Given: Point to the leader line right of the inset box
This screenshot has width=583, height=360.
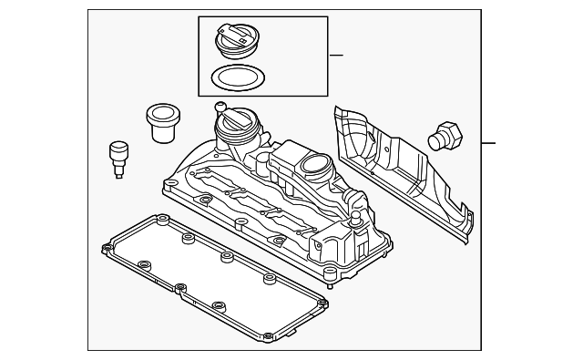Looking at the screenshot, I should tap(336, 56).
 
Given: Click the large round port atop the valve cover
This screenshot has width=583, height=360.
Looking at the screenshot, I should tap(315, 166).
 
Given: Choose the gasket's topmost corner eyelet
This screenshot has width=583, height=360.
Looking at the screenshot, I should tap(162, 220).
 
